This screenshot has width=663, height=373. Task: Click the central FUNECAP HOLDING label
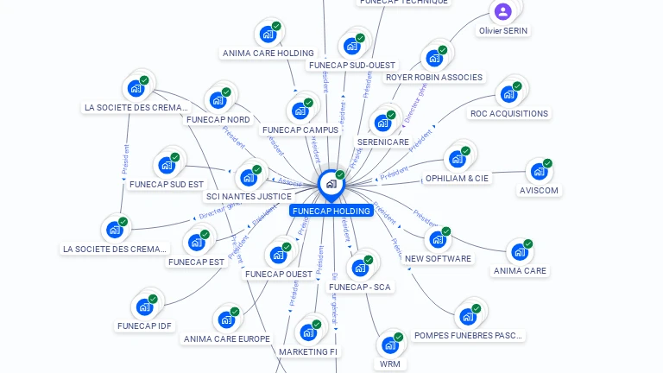point(331,211)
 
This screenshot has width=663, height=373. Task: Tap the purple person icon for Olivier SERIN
point(503,12)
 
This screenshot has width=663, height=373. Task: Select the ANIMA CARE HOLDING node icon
point(268,35)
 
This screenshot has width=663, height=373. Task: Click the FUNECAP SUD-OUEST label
point(351,65)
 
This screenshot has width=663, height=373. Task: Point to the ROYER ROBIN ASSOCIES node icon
point(434,58)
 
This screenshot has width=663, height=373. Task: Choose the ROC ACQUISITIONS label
point(508,113)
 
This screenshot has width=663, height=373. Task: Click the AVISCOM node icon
point(539,171)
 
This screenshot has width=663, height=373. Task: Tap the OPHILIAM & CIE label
point(457,178)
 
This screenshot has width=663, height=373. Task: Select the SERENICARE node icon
point(382,123)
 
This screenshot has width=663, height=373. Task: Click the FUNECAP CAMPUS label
point(300,130)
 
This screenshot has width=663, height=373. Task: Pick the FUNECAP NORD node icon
point(218,100)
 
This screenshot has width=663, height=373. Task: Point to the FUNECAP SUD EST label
point(167,184)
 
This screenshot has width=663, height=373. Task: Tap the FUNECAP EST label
point(196,262)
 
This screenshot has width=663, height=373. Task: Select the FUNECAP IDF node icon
point(144,307)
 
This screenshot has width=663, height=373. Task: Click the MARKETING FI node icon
point(308,332)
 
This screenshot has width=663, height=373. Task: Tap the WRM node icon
point(390,345)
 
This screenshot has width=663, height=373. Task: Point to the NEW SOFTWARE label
point(438,258)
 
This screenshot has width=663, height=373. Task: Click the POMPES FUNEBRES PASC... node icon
point(468,316)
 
